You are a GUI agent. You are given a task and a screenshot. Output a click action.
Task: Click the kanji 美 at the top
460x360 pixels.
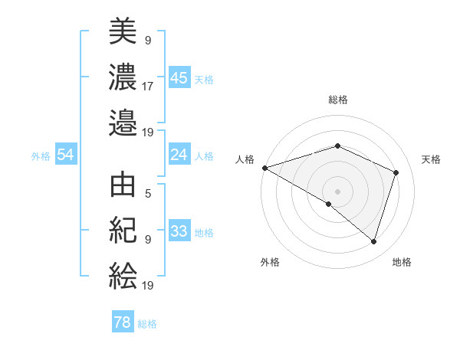click(x=123, y=32)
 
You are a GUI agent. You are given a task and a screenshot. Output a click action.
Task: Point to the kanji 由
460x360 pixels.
click(x=123, y=187)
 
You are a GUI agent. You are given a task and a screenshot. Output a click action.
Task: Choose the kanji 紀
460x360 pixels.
click(x=123, y=231)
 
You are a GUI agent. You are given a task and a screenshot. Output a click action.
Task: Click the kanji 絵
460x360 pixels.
click(x=123, y=275)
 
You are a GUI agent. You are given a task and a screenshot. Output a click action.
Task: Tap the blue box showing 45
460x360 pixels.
click(x=179, y=78)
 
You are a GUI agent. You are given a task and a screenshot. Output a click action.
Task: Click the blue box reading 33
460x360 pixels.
click(x=179, y=231)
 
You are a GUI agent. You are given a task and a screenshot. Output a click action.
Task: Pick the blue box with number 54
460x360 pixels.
click(x=65, y=155)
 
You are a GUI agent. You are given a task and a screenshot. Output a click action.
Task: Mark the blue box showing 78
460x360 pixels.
click(x=123, y=322)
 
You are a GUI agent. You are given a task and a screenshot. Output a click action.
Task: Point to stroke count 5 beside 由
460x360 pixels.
click(x=148, y=194)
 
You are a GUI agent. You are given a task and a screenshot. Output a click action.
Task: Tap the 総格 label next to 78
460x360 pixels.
click(x=147, y=324)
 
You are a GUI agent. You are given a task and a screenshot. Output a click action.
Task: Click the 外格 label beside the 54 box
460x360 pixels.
click(x=41, y=156)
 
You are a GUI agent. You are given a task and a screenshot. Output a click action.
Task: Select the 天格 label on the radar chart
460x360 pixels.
click(x=431, y=159)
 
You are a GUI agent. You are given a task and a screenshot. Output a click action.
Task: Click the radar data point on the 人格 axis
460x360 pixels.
click(x=264, y=168)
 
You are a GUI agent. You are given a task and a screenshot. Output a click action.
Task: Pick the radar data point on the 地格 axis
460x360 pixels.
click(x=373, y=241)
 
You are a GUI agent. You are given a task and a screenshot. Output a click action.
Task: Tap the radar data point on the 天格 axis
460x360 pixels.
click(x=396, y=172)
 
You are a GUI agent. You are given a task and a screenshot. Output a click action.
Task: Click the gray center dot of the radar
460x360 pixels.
click(x=337, y=191)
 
